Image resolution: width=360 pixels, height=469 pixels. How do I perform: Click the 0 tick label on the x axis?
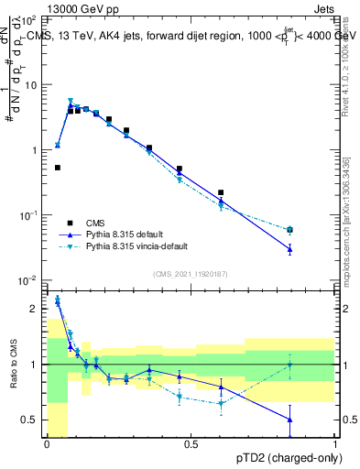46,444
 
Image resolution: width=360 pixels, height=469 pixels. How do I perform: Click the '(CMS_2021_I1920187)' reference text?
190,272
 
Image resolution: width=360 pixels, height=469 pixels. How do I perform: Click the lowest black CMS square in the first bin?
58,168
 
